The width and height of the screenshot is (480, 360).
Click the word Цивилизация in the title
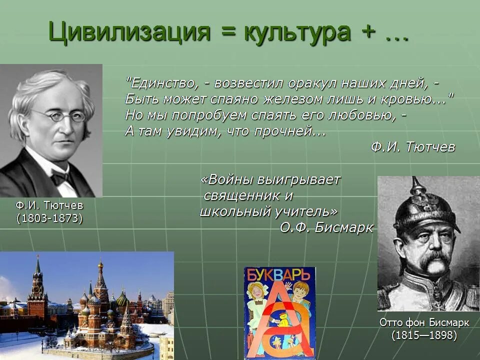pos(129,32)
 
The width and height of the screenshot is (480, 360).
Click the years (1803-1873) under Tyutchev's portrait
pos(49,218)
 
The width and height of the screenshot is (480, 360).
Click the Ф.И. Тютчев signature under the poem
pos(413,147)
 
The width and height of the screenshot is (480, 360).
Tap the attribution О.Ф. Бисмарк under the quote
pos(326,227)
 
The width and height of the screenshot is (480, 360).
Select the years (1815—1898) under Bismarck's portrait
pos(424,335)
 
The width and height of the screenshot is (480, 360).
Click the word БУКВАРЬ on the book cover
pos(279,274)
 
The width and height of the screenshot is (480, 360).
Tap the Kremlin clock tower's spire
pos(37,265)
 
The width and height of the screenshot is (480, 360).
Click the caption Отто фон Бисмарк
pos(424,322)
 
